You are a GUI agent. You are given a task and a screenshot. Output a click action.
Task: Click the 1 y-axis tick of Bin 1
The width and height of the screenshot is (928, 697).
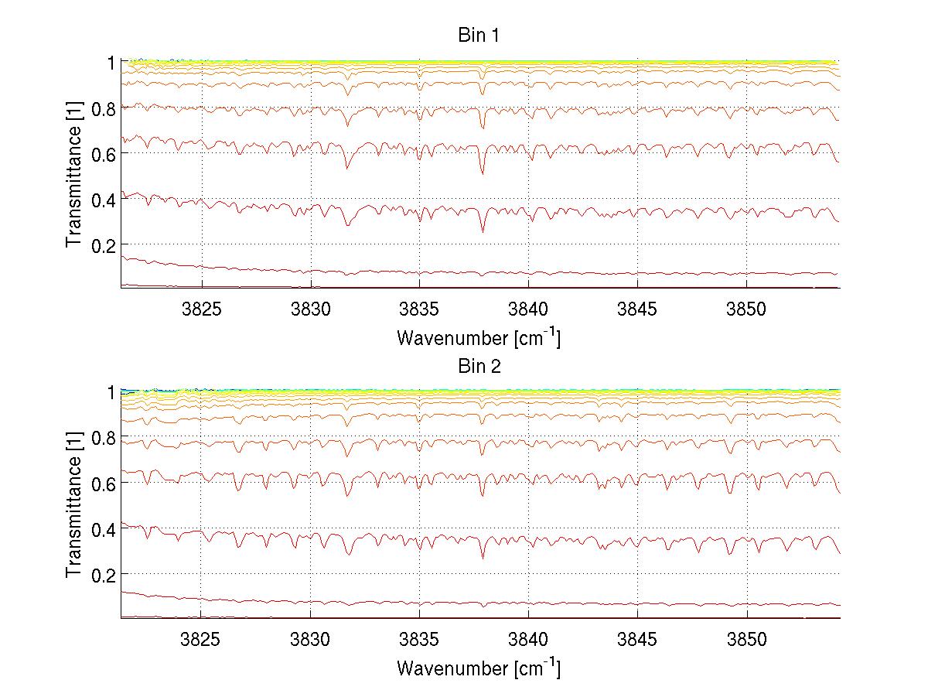coord(111,62)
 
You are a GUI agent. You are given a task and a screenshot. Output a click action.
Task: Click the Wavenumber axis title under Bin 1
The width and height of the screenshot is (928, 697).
coord(479,337)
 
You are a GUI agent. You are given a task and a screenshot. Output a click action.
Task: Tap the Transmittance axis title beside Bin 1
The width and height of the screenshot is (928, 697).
coord(74,175)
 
